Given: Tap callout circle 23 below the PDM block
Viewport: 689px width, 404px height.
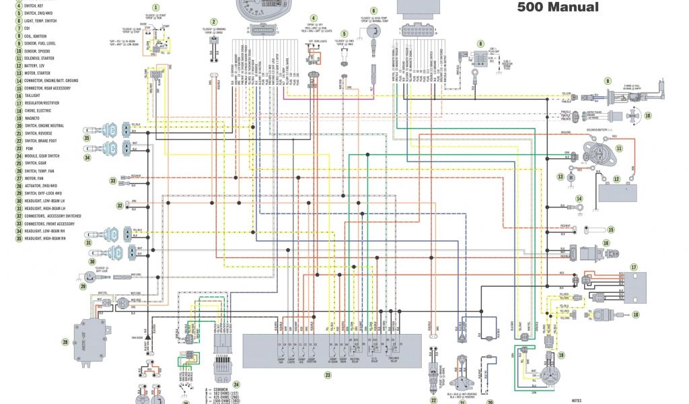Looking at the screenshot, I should click(x=328, y=375).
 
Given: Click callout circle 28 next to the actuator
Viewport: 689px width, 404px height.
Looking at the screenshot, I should click(x=65, y=342).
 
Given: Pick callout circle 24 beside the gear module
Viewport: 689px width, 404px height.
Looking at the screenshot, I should click(x=236, y=384).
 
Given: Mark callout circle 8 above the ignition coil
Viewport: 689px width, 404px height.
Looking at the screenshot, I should click(x=480, y=44).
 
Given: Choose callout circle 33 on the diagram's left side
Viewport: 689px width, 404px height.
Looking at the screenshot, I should click(x=113, y=180).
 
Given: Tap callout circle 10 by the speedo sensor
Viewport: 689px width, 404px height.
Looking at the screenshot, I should click(x=648, y=116).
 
